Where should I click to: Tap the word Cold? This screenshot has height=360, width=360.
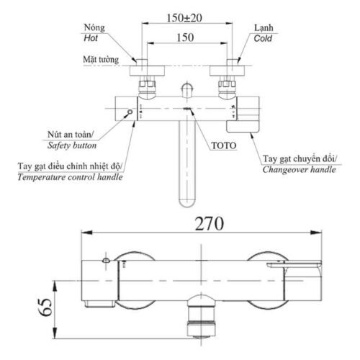pos(263,40)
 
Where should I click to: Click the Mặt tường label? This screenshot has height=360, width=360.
pos(100,62)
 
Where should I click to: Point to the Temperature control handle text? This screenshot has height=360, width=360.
pos(70,177)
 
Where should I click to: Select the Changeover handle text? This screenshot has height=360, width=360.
pos(298,170)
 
